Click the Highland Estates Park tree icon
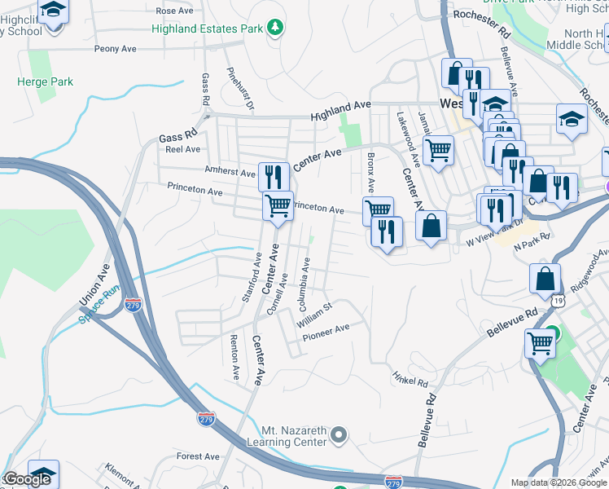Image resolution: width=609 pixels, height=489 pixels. pos(276,29)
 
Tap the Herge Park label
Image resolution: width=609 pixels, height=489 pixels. pos(46,81)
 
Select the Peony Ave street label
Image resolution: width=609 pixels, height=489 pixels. pos(116,49)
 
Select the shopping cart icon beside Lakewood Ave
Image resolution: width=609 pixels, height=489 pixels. pos(439,150)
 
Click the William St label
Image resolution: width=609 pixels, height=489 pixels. pos(316,311)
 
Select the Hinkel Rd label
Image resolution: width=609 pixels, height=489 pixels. pos(410,381)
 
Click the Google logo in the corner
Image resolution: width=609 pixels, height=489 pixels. pos(27,479)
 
